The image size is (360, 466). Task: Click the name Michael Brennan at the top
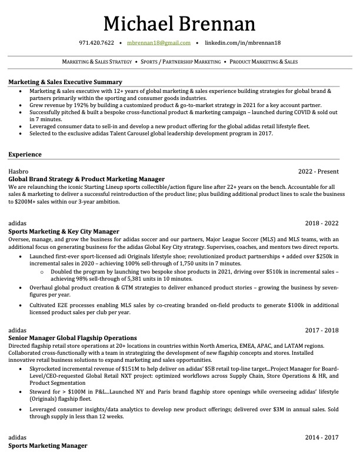[x=179, y=24]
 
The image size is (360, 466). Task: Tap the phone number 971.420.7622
[x=96, y=43]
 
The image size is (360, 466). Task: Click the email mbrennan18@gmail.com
[x=159, y=43]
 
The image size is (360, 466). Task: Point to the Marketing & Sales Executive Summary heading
[x=65, y=82]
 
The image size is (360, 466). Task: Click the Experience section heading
[x=25, y=154]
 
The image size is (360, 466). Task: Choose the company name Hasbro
[x=19, y=171]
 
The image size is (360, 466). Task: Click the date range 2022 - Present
[x=318, y=171]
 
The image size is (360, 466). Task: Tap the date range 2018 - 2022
[x=322, y=224]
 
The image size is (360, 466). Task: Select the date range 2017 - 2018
[x=322, y=331]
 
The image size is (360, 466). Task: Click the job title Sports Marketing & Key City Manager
[x=64, y=231]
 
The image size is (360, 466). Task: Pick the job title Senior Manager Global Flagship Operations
[x=72, y=338]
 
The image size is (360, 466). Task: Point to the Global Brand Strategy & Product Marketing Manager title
[x=86, y=179]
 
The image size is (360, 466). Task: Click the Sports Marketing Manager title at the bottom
[x=48, y=446]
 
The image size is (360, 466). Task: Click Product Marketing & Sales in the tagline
[x=264, y=62]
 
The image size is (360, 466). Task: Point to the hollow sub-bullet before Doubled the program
[x=42, y=272]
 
